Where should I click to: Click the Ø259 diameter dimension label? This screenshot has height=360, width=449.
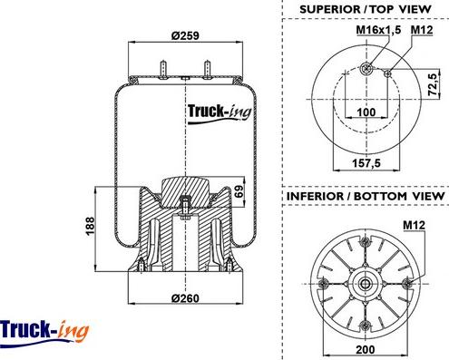(x=185, y=35)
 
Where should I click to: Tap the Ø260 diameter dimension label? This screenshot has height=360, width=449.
(x=185, y=298)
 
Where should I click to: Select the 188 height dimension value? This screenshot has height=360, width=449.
(x=91, y=226)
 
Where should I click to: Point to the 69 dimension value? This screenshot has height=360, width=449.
(x=239, y=191)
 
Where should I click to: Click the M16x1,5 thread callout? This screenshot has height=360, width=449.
(x=378, y=30)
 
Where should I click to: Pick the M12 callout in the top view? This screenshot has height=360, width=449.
(x=422, y=30)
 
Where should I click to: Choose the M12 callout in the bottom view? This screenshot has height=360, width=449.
(x=414, y=225)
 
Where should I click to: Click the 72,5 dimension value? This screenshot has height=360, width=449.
(x=434, y=84)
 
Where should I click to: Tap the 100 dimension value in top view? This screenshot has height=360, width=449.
(x=366, y=112)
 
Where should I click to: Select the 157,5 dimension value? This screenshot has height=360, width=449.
(x=366, y=163)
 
